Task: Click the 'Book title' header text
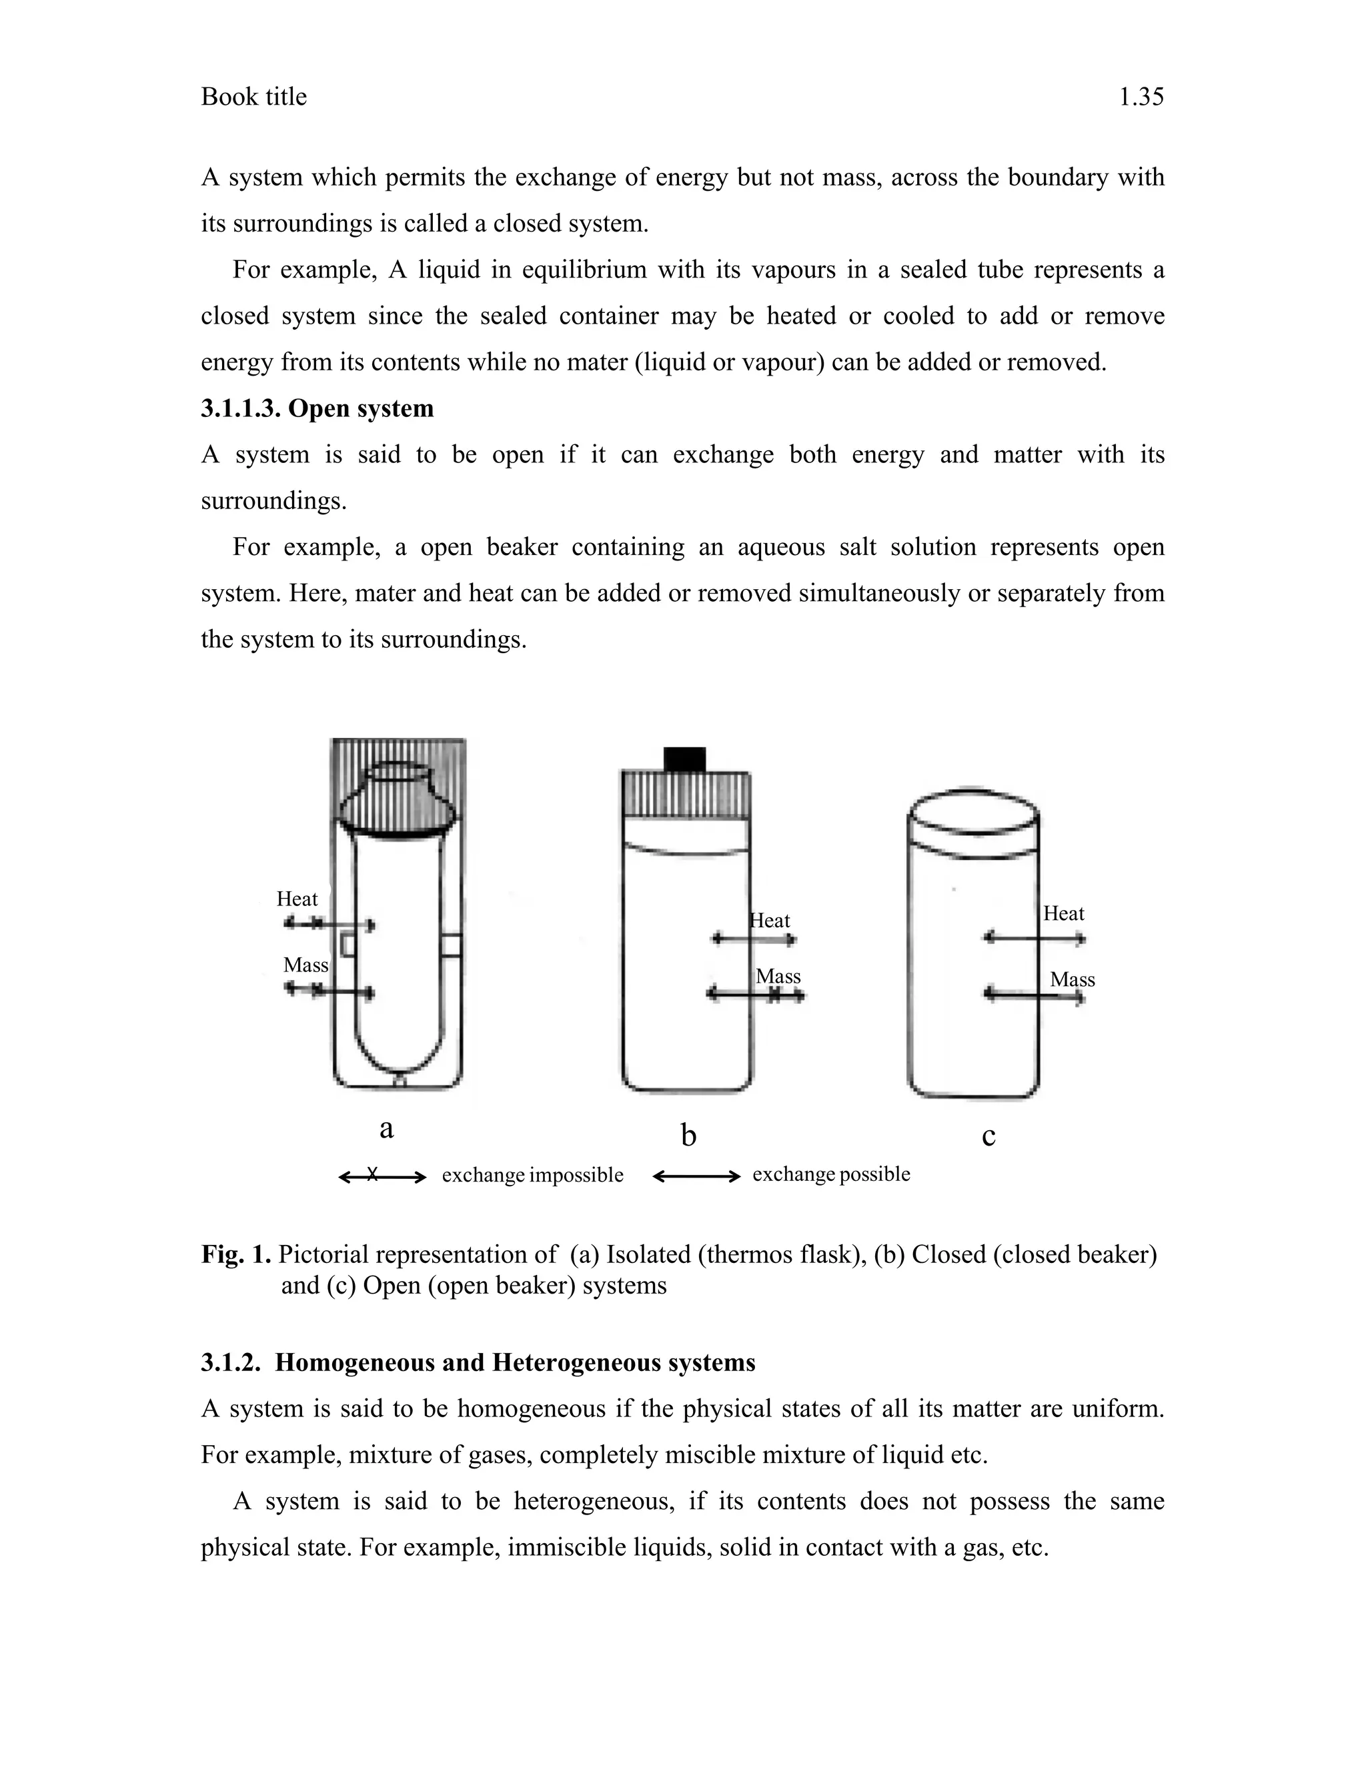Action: (253, 97)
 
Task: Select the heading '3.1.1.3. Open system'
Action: (317, 408)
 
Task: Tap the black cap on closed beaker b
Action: (684, 759)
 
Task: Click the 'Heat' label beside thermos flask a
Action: (297, 899)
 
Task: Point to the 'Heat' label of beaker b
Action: (770, 921)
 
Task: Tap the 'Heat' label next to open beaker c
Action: (1063, 913)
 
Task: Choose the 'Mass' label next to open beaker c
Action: (1073, 979)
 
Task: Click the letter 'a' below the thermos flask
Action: (387, 1128)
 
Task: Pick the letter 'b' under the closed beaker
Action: (688, 1135)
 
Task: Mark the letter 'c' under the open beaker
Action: (988, 1136)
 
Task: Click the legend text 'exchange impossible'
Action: (532, 1175)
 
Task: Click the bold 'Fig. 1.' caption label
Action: (235, 1254)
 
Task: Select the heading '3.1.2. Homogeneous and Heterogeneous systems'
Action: (478, 1362)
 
